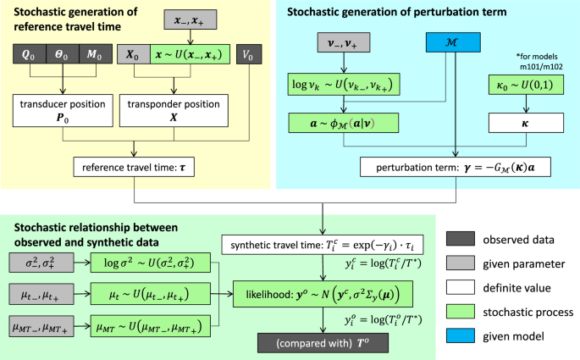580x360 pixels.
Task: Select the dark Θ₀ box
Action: pyautogui.click(x=65, y=54)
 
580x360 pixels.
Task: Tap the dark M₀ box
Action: pyautogui.click(x=102, y=54)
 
